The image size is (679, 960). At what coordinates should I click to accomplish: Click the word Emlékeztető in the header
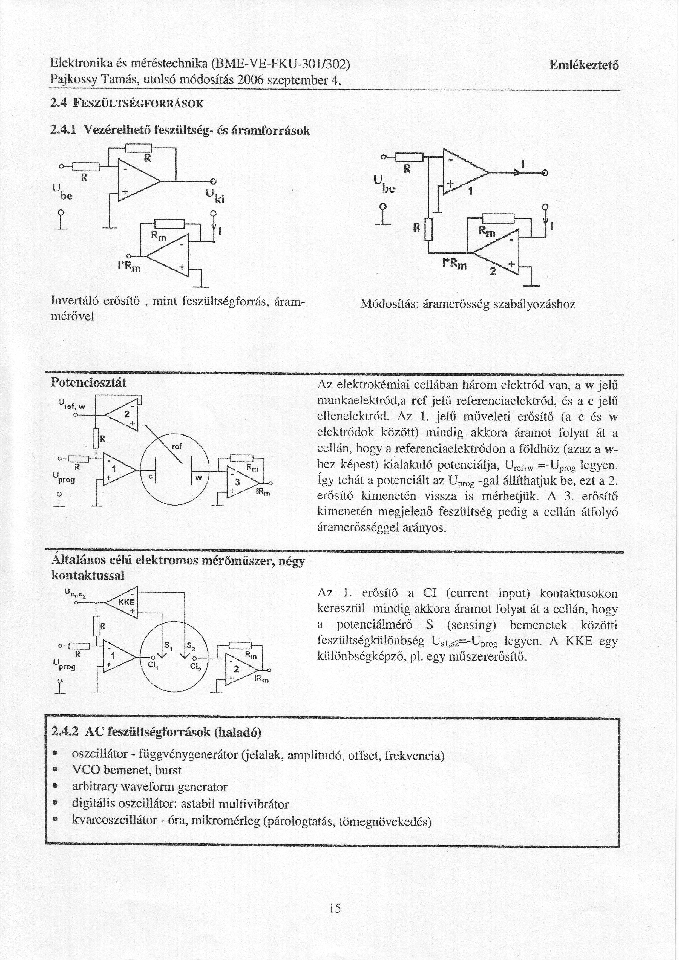(584, 66)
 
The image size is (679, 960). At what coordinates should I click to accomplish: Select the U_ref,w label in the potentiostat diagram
(72, 404)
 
